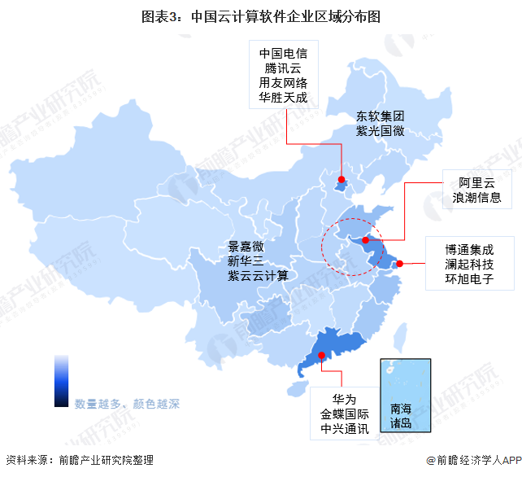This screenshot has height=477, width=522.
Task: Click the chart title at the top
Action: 260,15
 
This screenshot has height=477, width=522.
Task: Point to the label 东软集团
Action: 381,116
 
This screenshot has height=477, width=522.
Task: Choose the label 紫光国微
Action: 381,131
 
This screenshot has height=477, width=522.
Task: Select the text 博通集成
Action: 469,250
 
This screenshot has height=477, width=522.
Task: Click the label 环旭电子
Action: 469,281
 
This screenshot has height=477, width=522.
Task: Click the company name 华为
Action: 345,399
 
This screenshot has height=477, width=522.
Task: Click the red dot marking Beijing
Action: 341,180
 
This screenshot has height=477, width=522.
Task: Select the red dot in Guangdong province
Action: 322,355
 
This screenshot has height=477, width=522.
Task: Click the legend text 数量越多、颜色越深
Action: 127,404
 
